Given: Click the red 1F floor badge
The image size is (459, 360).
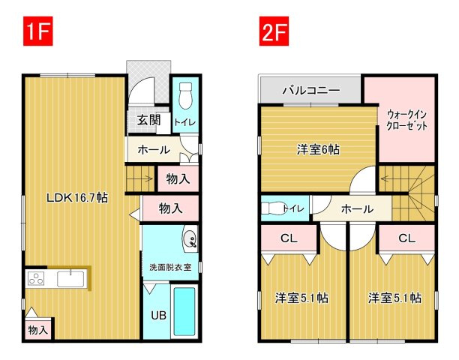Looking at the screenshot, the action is click(x=38, y=31).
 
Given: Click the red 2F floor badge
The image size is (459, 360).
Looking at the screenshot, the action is click(x=274, y=31).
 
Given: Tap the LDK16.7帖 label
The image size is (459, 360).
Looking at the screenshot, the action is click(x=77, y=198).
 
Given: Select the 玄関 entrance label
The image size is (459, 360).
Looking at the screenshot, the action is click(x=149, y=120).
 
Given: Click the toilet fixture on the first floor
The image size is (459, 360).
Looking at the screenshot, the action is click(x=185, y=95).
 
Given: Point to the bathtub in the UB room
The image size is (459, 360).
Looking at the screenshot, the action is click(x=184, y=311).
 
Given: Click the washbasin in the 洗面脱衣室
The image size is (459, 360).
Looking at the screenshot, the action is click(x=190, y=237).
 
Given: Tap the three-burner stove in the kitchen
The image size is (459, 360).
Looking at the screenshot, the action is click(x=36, y=279).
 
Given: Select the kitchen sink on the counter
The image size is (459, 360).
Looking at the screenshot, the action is click(x=70, y=279).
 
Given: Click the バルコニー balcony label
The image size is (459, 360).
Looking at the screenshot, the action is click(x=311, y=90).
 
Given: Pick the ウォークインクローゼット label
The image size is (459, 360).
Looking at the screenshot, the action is click(x=407, y=120).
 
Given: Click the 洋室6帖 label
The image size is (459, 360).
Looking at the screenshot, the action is click(x=318, y=150).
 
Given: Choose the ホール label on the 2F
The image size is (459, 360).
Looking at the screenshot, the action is click(x=358, y=209).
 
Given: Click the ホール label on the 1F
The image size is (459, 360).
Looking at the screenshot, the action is click(x=154, y=150).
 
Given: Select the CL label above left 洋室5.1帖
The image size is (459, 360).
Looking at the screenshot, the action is click(x=289, y=238).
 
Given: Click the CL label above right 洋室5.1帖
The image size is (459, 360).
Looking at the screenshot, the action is click(x=407, y=238).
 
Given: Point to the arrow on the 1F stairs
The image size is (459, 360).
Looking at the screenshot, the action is click(x=148, y=178).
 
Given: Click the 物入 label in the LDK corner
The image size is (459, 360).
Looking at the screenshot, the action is click(x=38, y=331).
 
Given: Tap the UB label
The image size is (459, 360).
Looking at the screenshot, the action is click(x=159, y=315).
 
